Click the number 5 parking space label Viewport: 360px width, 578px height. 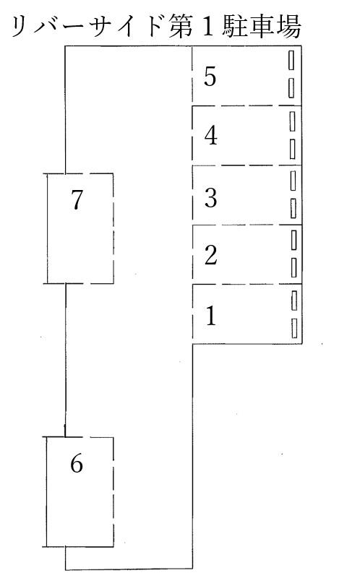pos(210,77)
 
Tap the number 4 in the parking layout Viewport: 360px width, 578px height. pos(210,135)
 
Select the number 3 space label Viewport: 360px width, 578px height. pos(210,197)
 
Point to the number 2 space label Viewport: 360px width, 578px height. pos(210,255)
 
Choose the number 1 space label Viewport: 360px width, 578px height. pos(211,316)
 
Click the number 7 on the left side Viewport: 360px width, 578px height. pos(77,201)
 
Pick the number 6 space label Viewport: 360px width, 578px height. pos(77,463)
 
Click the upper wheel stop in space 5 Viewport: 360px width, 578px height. pos(291,60)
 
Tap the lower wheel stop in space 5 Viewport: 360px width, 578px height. pos(291,87)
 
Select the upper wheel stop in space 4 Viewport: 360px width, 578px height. pos(292,121)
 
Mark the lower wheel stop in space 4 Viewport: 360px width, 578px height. pos(292,149)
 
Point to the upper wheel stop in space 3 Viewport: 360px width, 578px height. pos(293,181)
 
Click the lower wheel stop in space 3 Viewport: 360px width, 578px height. pos(293,208)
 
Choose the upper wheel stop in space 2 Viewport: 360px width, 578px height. pos(293,240)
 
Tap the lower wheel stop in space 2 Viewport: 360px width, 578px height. pos(293,267)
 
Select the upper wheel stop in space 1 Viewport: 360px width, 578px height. pos(294,301)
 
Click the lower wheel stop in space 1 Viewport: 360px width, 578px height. pos(294,328)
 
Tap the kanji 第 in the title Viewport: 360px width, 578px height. pos(181,27)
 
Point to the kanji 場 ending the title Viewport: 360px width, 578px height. pos(289,27)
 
